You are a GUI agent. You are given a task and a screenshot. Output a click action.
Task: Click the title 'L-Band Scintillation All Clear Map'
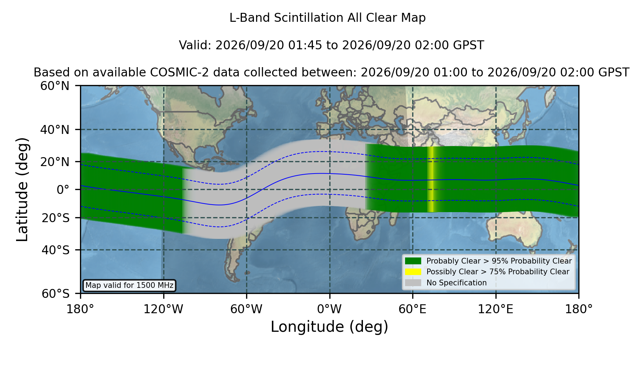tap(328, 18)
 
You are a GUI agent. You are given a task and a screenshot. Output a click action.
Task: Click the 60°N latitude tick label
tap(55, 86)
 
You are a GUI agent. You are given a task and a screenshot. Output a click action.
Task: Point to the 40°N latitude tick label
tap(55, 130)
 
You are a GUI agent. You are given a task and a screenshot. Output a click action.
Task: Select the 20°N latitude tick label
tap(55, 162)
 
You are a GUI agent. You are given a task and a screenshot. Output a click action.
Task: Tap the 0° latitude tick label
tap(63, 190)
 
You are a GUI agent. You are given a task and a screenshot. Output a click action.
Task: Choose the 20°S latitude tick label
tap(55, 218)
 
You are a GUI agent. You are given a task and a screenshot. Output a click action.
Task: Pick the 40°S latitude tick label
tap(55, 250)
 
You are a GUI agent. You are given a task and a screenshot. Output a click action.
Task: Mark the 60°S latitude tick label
tap(55, 294)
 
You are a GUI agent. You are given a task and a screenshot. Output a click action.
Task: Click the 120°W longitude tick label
tap(163, 309)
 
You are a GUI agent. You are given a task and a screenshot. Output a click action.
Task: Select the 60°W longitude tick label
tap(246, 309)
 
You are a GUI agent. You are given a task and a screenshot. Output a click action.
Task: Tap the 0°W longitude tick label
tap(329, 309)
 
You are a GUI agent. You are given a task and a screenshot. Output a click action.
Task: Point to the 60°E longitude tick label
tap(413, 309)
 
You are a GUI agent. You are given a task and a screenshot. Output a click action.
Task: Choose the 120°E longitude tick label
tap(495, 309)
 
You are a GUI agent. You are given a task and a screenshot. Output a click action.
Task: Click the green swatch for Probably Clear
tap(413, 261)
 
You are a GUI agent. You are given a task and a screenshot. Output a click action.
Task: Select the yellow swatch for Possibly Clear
tap(413, 272)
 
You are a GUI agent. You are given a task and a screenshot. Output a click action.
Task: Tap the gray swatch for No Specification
tap(413, 283)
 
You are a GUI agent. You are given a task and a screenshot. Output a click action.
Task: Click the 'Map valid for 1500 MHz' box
tap(129, 285)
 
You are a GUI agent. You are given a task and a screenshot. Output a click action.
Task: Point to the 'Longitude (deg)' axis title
tap(329, 327)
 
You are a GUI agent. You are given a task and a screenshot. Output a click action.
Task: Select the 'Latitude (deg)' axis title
tap(22, 189)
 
